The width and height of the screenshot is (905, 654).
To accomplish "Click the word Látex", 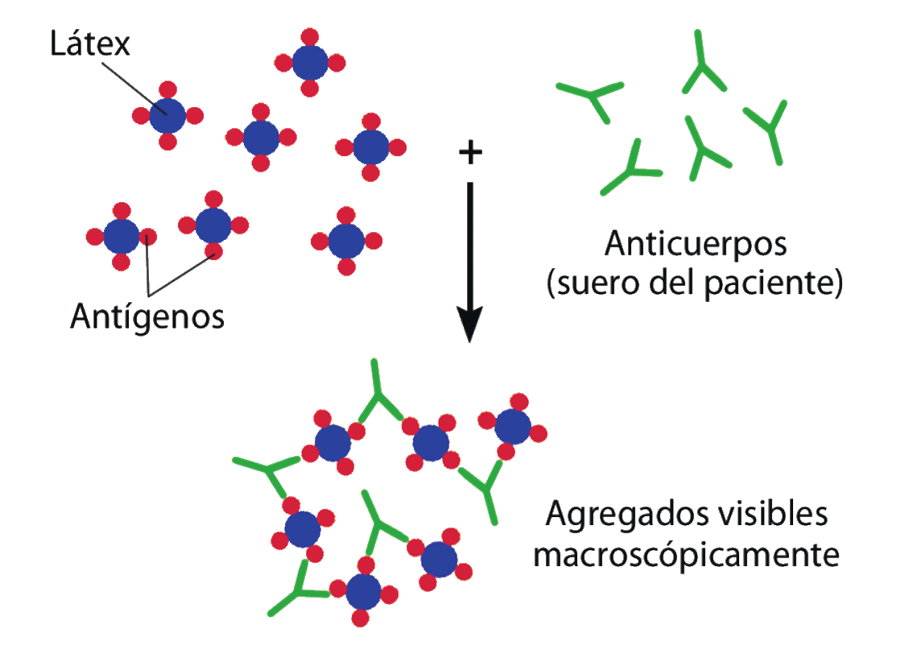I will pos(89,44).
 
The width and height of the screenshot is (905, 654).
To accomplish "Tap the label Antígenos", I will pos(147,317).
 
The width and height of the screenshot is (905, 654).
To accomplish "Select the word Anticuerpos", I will pos(695,243).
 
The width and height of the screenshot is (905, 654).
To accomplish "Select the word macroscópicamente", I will pos(687,555).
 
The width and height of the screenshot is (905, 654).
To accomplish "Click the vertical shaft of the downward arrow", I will pos(469,242).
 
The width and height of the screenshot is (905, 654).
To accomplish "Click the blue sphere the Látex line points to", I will pos(167,116).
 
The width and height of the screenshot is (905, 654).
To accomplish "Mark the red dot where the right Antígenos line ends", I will pos(213,250).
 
